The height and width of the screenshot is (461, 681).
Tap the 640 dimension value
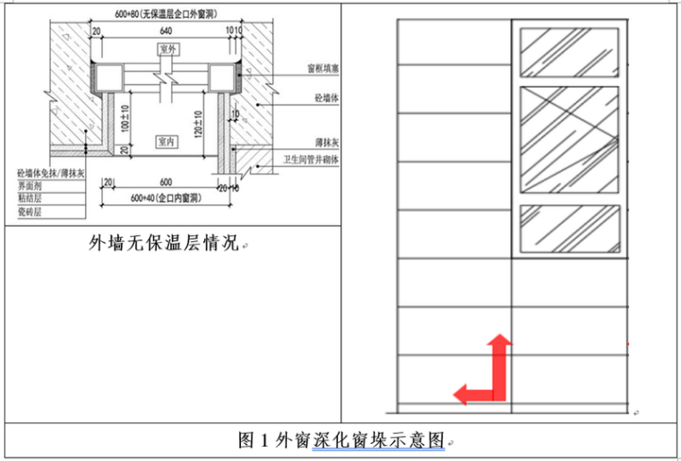point(167,32)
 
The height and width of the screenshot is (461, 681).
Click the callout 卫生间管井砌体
point(310,159)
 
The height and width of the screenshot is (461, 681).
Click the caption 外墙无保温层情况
point(162,242)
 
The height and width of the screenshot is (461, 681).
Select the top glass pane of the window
point(570,51)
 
